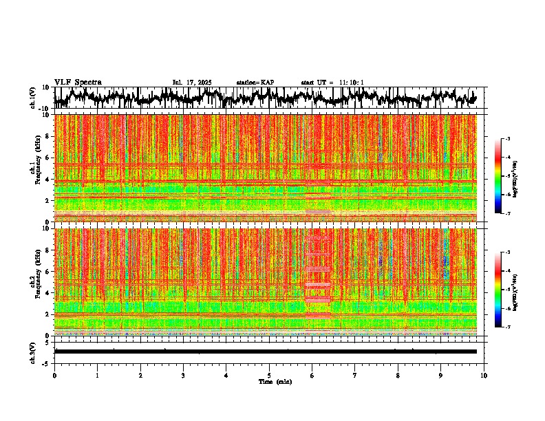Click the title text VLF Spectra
78,82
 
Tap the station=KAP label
255,83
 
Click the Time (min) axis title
275,381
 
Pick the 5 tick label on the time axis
269,376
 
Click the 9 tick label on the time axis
441,376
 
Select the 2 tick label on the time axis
140,376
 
